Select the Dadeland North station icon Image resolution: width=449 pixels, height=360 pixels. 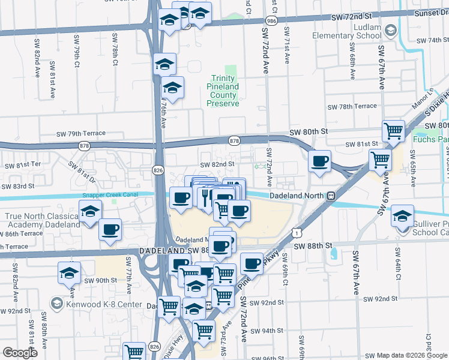330,196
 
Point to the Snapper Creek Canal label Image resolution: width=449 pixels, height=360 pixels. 114,196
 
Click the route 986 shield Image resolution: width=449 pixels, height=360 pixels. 272,20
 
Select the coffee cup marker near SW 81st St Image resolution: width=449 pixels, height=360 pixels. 319,161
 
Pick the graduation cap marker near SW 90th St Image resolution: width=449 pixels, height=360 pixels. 70,272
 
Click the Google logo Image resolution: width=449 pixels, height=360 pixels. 20,353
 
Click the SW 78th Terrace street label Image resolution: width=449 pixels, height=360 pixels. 352,106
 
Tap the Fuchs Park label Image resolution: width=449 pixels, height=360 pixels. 431,140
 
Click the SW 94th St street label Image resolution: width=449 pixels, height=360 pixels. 266,331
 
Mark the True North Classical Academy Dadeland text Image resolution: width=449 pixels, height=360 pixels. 42,220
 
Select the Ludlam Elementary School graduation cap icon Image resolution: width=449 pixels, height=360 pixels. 391,29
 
